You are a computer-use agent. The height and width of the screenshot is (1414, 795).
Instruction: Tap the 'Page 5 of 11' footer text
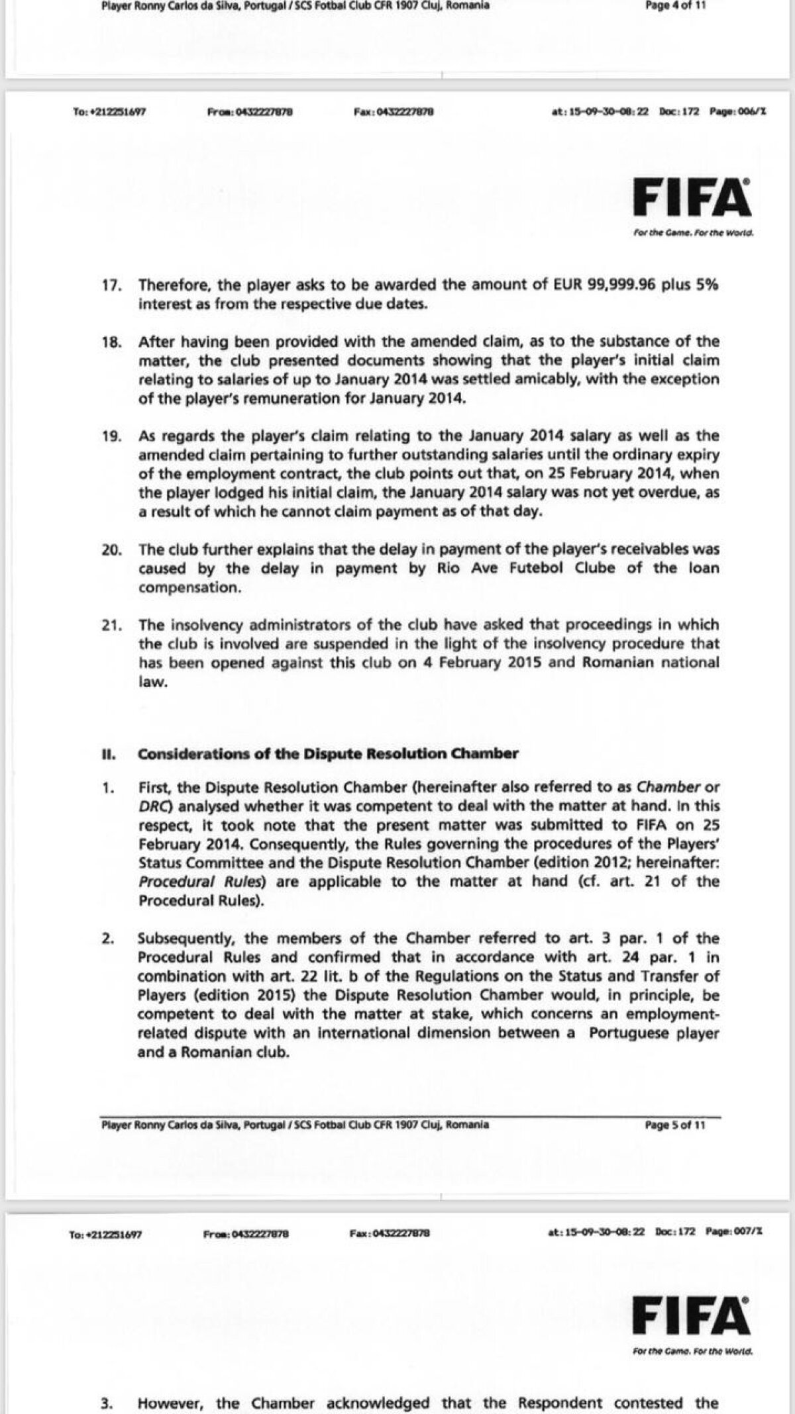[x=675, y=1125]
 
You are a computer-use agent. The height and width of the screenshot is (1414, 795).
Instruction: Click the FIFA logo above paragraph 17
[x=692, y=197]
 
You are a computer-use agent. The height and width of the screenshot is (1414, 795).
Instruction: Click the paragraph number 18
[x=112, y=342]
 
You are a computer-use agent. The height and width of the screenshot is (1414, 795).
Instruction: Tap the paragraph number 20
[x=112, y=549]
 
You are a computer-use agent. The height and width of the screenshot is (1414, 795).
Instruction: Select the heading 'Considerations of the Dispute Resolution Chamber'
[x=328, y=753]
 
